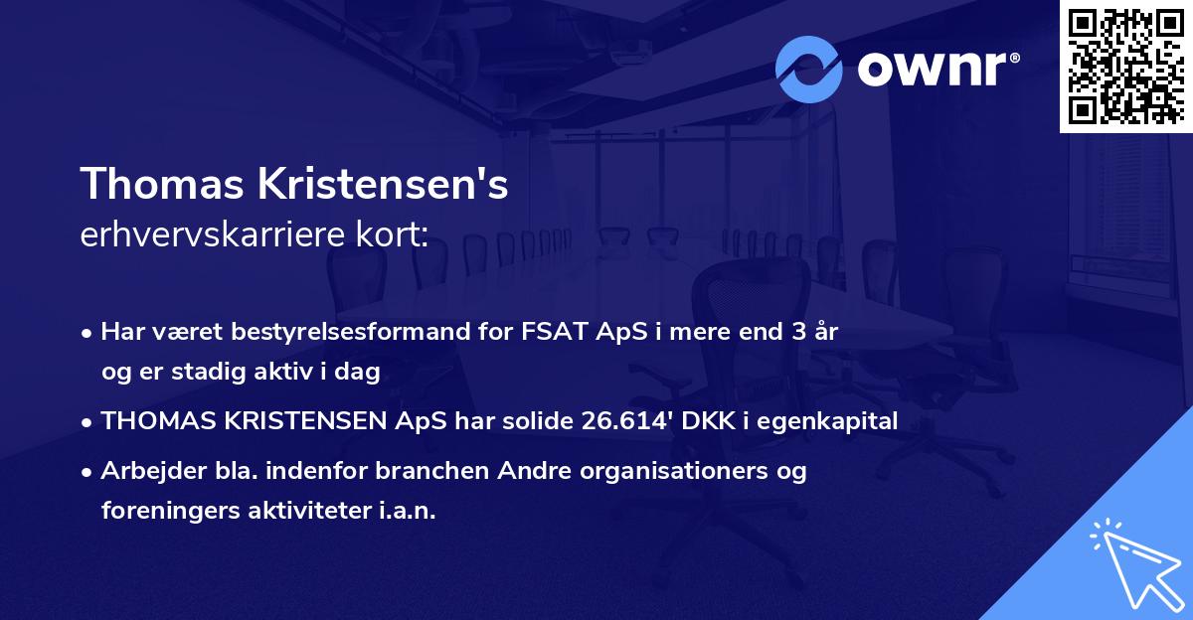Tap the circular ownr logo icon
(x=809, y=69)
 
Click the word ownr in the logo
(x=936, y=69)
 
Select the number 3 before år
(x=797, y=333)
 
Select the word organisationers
(x=665, y=471)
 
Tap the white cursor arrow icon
(x=1133, y=561)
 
